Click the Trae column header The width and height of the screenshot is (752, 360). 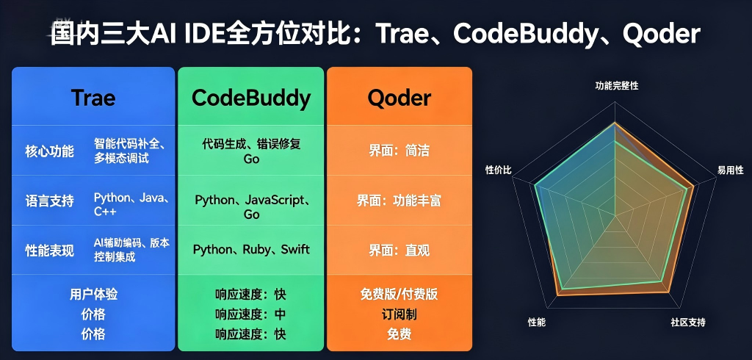93,98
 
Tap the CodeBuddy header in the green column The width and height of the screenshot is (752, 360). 251,99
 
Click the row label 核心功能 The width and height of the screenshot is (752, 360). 49,151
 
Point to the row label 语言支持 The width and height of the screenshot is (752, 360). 49,201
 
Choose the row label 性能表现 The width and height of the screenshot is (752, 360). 49,251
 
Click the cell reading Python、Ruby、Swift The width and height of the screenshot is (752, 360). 251,250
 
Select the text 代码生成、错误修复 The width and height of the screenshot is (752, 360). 251,144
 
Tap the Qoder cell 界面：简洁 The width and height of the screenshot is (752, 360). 399,151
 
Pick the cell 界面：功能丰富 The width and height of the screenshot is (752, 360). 399,201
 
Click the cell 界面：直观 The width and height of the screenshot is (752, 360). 399,250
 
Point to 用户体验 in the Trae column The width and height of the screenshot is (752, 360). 93,294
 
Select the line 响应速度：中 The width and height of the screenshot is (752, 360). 251,314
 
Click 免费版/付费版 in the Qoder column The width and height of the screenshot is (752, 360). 399,294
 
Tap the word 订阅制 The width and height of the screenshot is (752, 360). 399,314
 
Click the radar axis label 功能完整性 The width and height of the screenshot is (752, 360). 617,86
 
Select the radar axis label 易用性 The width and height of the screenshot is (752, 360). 731,170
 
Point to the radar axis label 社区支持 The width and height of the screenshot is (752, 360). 688,322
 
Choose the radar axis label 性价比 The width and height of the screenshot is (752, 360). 499,170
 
